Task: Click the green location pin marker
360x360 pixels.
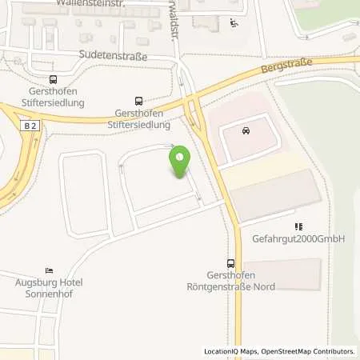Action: (180, 162)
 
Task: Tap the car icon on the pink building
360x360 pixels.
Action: (245, 130)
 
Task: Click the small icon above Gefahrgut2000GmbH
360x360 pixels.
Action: (299, 226)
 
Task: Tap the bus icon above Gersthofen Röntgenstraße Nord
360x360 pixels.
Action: (231, 262)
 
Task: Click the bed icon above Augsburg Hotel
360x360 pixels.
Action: (50, 270)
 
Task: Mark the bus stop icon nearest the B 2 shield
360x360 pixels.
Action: (53, 79)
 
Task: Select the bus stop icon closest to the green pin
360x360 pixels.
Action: (139, 101)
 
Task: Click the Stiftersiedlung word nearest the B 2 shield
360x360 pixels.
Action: (53, 103)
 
